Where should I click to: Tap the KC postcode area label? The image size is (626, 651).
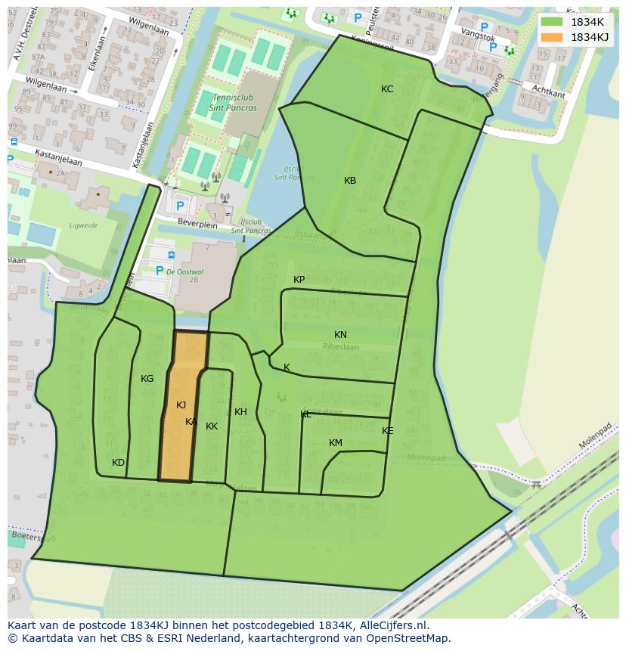(x=387, y=89)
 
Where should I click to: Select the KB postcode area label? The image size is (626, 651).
(x=350, y=181)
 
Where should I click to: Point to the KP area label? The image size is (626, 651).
(x=299, y=280)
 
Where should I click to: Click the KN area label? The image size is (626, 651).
(x=340, y=335)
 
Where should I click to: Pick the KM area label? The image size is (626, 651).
(x=336, y=443)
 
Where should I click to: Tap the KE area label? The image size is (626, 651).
(x=387, y=431)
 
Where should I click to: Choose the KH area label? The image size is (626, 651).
(x=240, y=412)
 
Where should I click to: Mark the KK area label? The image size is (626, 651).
(x=212, y=426)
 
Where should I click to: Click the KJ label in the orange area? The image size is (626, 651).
(x=181, y=405)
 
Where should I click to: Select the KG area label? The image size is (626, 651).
(x=147, y=379)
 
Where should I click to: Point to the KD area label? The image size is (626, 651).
(x=118, y=463)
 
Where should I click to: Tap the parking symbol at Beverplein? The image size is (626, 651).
(x=180, y=206)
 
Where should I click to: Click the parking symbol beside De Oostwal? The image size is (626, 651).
(x=160, y=271)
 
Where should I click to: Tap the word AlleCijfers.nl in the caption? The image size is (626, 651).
(x=392, y=625)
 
